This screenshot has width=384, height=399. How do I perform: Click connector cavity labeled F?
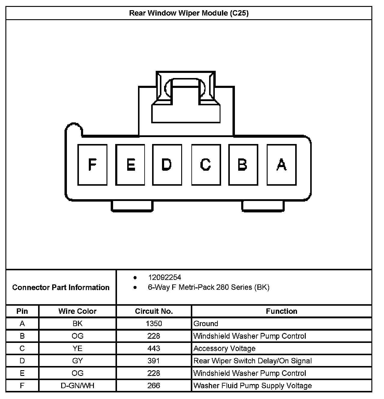[x=92, y=164]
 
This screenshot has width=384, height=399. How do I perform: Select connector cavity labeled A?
[x=281, y=164]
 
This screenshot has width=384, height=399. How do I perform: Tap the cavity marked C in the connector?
[x=206, y=164]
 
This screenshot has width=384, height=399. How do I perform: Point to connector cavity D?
[x=167, y=164]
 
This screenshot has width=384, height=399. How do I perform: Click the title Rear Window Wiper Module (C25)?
[x=189, y=13]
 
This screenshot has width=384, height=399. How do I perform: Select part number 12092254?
[x=164, y=277]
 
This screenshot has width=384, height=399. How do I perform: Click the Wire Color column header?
[x=77, y=311]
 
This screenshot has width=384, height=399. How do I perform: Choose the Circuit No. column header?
[x=154, y=311]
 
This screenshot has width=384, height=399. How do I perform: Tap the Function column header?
[x=281, y=311]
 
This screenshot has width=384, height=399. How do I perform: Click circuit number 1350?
[x=154, y=323]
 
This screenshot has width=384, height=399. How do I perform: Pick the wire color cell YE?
[x=77, y=348]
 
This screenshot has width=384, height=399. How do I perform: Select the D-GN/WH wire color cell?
[x=77, y=385]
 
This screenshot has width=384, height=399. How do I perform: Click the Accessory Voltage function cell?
[x=224, y=348]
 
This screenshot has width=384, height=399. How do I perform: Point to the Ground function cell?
[x=206, y=323]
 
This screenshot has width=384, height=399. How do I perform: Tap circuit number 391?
[x=154, y=361]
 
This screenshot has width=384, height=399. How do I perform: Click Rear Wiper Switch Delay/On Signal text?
[x=253, y=361]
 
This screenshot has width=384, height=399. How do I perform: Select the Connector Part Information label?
[x=61, y=287]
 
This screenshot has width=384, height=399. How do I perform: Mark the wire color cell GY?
[x=77, y=361]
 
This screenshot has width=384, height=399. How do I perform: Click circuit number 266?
[x=154, y=385]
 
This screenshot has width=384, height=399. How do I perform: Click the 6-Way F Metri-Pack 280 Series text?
[x=208, y=287]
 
